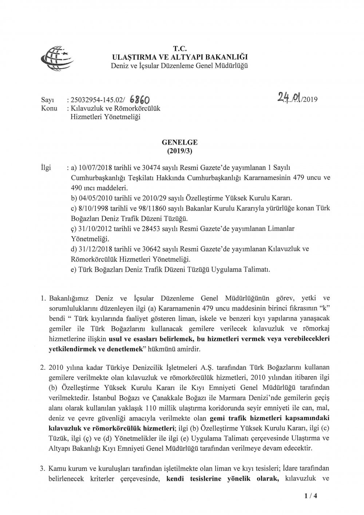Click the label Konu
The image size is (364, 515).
click(x=47, y=108)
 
